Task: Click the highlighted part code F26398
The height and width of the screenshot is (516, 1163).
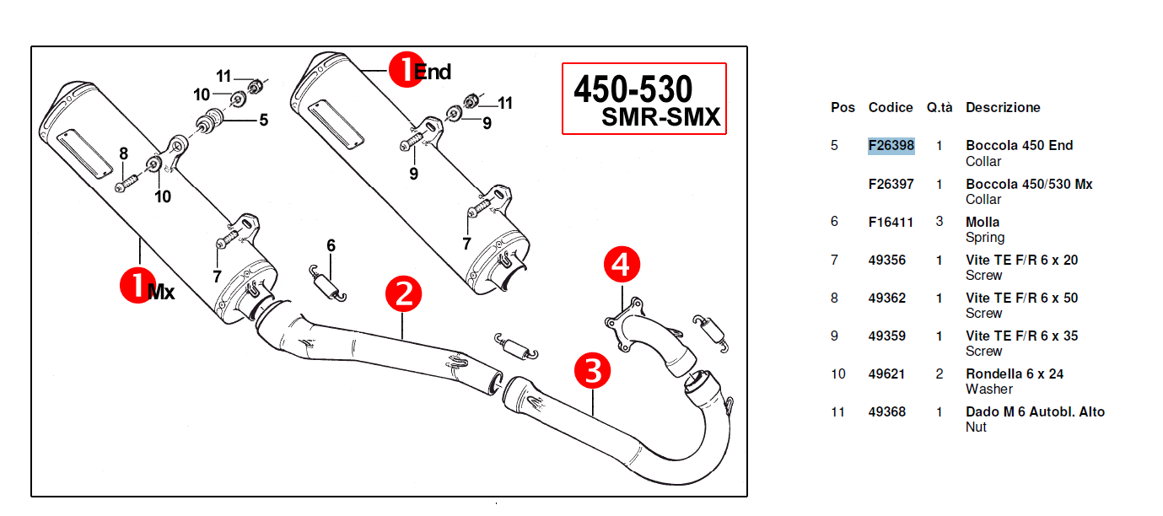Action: tap(891, 145)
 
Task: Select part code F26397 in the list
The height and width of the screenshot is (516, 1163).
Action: tap(891, 184)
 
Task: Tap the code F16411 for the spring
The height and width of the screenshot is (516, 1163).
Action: tap(891, 223)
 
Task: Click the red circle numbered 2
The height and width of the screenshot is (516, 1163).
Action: tap(403, 293)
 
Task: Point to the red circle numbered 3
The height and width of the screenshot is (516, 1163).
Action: tap(592, 371)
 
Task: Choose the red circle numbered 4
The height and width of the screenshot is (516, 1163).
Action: tap(622, 264)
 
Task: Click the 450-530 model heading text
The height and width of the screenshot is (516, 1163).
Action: tap(633, 89)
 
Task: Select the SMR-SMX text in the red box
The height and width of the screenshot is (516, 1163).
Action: tap(661, 117)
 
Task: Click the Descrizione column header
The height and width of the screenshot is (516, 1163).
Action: tap(1003, 107)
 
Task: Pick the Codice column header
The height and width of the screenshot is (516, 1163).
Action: tap(891, 107)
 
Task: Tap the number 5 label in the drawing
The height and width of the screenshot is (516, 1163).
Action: tap(264, 120)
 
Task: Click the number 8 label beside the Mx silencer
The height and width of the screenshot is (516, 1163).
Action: tap(124, 153)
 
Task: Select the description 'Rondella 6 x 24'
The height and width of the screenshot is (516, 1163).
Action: tap(1015, 374)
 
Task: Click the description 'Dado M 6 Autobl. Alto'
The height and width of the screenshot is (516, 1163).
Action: tap(1036, 411)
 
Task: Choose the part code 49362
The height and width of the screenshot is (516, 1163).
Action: tap(886, 298)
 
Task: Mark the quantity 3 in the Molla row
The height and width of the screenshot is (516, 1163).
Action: tap(940, 222)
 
